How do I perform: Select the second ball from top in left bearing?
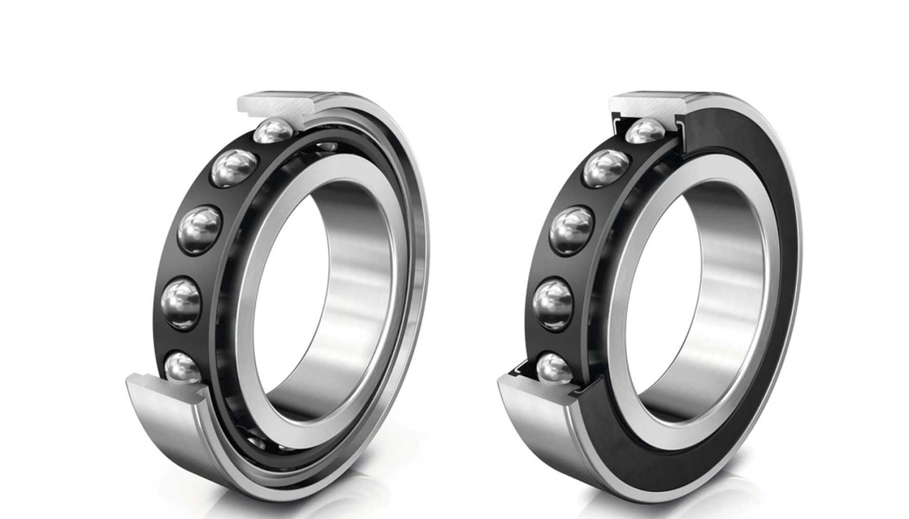click(234, 168)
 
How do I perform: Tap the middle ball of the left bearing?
click(200, 228)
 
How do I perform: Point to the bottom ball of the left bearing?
click(183, 367)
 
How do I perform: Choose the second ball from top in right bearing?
click(606, 168)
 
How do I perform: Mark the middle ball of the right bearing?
click(571, 229)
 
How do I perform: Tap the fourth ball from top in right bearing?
click(554, 302)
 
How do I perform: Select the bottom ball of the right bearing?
click(555, 368)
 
